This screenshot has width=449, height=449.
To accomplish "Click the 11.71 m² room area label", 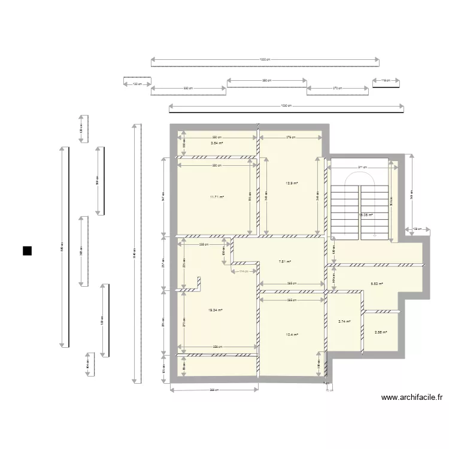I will [216, 196].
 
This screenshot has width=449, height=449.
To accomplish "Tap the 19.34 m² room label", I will [216, 310].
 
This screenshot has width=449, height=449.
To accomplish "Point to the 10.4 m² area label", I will [292, 335].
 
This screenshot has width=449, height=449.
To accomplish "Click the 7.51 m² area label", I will [285, 262].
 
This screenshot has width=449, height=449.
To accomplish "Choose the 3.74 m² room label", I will [344, 321].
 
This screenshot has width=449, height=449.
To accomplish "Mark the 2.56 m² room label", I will [380, 333].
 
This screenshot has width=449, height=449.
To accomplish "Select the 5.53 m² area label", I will [377, 284].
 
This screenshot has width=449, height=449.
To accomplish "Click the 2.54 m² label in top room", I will [216, 143].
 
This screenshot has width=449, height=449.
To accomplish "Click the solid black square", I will [27, 251].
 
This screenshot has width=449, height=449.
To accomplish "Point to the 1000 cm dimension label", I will [265, 60].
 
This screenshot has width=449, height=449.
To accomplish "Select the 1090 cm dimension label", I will [286, 106].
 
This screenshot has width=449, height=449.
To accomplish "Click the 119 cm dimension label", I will [386, 80].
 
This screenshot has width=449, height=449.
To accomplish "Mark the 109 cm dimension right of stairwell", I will [417, 229].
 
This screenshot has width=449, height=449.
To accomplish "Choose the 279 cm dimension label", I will [290, 137].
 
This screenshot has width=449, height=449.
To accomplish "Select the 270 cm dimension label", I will [337, 88].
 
